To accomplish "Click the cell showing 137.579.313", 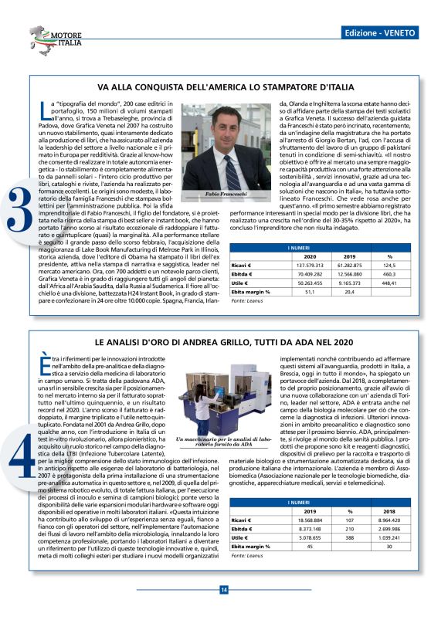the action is click(x=310, y=286).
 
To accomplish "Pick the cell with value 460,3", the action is click(x=389, y=295).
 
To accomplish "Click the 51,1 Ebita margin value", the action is click(x=310, y=313).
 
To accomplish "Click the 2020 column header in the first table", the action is click(x=310, y=276).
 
